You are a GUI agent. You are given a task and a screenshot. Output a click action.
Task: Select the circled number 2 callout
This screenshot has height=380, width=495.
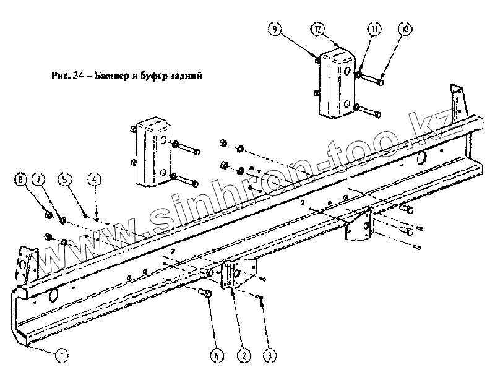243,355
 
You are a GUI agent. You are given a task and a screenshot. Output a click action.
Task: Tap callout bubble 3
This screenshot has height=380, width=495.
269,355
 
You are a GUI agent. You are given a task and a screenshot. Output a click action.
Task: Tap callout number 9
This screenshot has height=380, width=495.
275,28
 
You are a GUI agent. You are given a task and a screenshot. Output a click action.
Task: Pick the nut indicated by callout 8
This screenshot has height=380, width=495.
48,215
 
